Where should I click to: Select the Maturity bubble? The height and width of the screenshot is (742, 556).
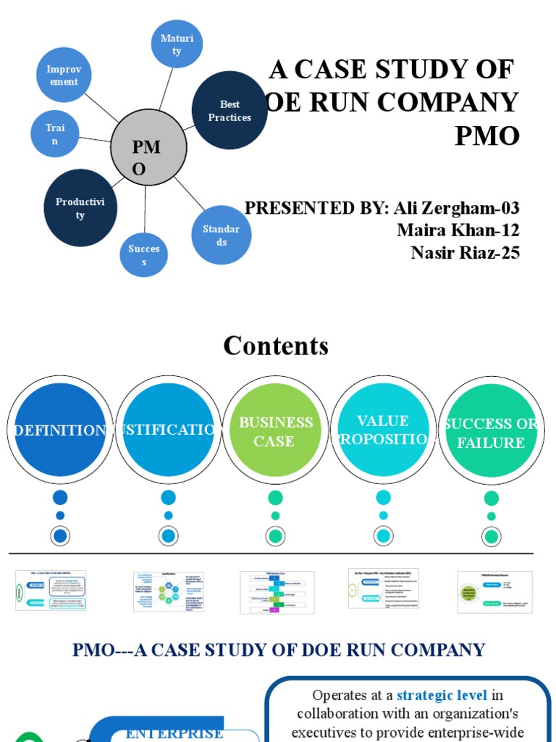[x=177, y=44]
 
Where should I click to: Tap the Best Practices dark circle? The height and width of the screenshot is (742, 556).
[x=229, y=110]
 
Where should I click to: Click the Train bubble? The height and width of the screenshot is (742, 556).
[x=55, y=134]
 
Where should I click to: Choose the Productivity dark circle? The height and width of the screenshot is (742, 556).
[x=80, y=208]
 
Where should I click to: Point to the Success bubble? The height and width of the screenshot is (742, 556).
[x=143, y=254]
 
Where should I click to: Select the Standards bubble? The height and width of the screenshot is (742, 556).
[x=221, y=235]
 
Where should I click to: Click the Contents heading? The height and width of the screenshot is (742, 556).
[x=276, y=346]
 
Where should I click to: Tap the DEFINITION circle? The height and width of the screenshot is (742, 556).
[x=60, y=430]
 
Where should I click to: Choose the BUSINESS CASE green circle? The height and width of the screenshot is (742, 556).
[x=275, y=430]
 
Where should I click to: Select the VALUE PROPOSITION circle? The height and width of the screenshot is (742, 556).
[x=383, y=430]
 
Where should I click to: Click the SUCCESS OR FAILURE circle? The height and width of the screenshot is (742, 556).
[x=491, y=433]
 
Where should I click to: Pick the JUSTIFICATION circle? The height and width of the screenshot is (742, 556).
[x=168, y=430]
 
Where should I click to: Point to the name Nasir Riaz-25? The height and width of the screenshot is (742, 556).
[x=465, y=252]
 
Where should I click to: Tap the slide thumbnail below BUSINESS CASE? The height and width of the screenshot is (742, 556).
[x=277, y=591]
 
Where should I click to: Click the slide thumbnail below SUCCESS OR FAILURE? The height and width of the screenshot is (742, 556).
[x=494, y=591]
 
